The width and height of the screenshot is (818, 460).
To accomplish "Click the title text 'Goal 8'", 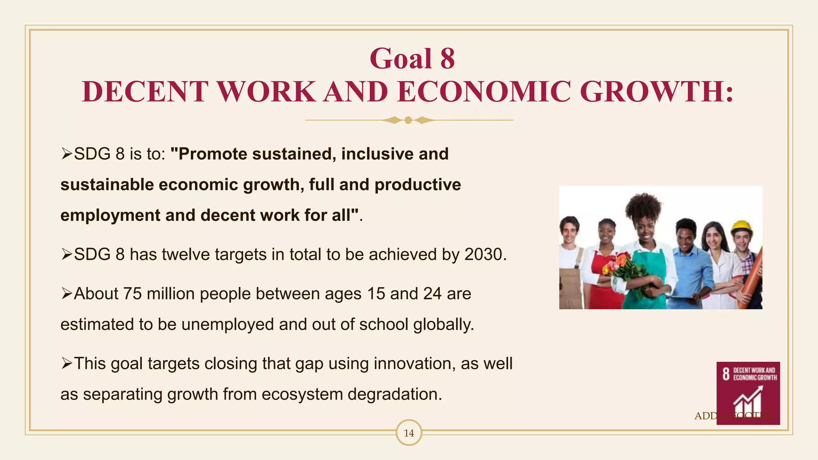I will click(412, 59).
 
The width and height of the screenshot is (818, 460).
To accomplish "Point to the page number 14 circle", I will click(409, 433).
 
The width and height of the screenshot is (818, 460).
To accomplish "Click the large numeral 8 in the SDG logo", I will click(726, 374).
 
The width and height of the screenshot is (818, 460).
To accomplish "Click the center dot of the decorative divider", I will click(408, 120).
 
